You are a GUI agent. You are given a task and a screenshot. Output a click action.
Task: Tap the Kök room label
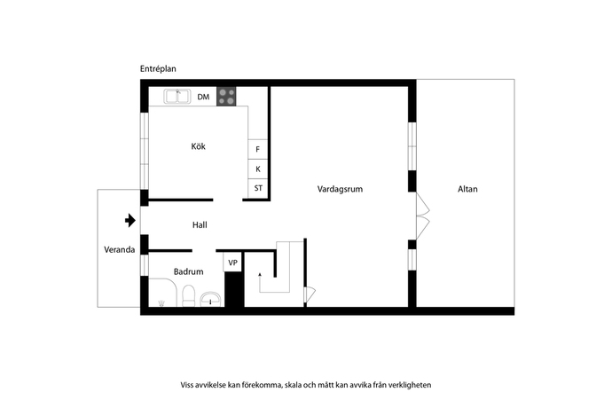point(198,146)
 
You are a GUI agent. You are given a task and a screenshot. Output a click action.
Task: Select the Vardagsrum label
point(341,189)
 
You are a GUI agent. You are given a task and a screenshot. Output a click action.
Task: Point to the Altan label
point(467,189)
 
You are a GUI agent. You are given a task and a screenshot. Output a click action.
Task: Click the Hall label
point(200,225)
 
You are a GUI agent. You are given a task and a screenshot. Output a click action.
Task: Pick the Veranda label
point(119,250)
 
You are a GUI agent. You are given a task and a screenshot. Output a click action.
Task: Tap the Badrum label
point(188,271)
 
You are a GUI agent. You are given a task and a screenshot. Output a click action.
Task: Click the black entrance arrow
point(130,219)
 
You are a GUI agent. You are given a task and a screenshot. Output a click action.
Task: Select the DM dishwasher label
point(203,97)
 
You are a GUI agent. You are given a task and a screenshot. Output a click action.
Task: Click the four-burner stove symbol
point(227,97)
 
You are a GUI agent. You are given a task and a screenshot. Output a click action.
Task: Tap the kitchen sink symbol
point(177,96)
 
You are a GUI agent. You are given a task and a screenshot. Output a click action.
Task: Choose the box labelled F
point(258,150)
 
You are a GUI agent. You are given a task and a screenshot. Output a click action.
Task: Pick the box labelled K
point(258,169)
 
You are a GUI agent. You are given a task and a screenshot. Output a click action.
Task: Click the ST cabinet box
point(258,188)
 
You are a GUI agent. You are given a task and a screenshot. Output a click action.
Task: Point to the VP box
point(232,263)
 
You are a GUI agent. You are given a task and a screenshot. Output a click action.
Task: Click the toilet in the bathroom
point(188,296)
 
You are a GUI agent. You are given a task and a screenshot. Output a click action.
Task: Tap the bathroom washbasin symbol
point(210,299)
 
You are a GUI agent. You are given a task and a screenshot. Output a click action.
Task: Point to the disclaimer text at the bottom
point(306,385)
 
